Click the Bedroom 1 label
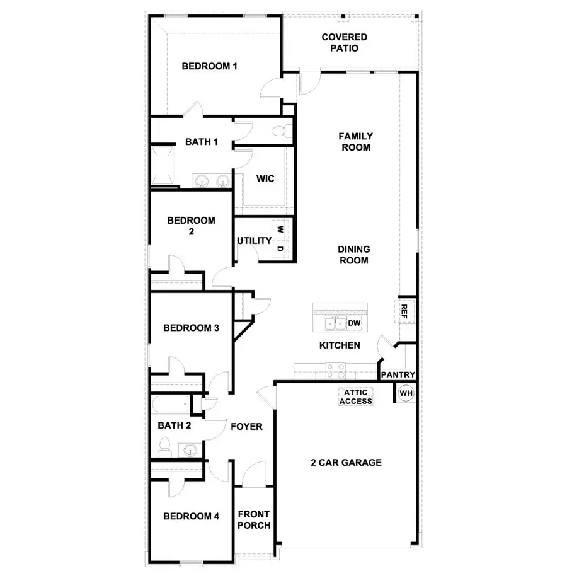coord(210,66)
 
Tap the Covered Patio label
coord(344,42)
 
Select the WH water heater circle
coord(406,393)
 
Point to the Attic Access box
coord(356,397)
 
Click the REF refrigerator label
coord(404,311)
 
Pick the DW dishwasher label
coord(354,323)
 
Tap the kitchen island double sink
coord(334,324)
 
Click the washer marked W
coord(280,229)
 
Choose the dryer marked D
coord(280,249)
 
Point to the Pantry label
coord(398,375)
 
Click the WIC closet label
coord(265,178)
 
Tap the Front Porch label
coord(255,520)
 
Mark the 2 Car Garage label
coord(346,462)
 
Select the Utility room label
coord(254,240)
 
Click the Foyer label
coord(246,426)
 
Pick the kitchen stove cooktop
coord(335,369)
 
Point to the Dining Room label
coord(354,254)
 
